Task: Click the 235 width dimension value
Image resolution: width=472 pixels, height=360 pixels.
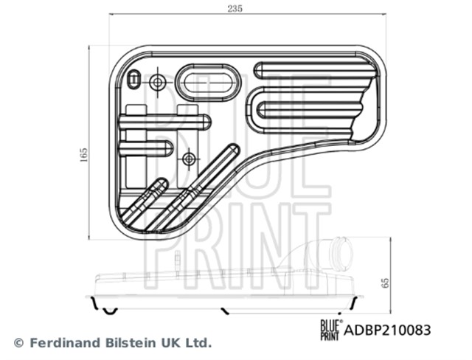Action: (x=235, y=8)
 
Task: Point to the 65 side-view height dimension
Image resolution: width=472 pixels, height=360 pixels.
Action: (x=384, y=283)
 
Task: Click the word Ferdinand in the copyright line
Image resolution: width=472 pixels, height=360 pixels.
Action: (x=60, y=343)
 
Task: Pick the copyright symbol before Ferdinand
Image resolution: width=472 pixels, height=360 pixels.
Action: (x=19, y=343)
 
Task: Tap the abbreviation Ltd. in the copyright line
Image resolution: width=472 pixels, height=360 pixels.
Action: (x=196, y=343)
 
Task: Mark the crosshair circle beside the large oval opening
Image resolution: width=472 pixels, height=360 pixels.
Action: (x=158, y=82)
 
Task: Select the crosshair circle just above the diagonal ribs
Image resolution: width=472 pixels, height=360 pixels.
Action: (x=190, y=157)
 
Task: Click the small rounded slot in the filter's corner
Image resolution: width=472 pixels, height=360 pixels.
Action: (x=133, y=79)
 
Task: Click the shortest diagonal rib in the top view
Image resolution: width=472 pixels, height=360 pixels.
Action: (x=143, y=201)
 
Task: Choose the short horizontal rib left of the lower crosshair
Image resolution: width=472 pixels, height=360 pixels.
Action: (x=147, y=148)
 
